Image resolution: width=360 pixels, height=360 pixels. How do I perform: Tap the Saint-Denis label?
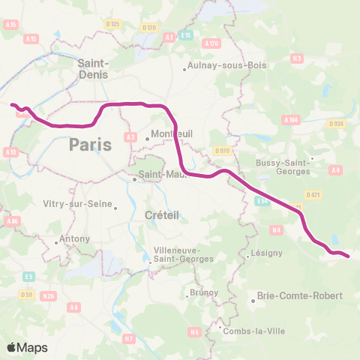pyautogui.click(x=94, y=69)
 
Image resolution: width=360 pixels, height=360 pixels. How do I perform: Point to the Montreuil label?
pyautogui.click(x=172, y=133)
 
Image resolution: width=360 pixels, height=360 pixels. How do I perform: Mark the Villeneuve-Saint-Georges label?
pyautogui.click(x=183, y=255)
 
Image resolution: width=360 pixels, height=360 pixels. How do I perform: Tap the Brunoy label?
pyautogui.click(x=203, y=292)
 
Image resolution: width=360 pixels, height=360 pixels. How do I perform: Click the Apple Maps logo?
pyautogui.click(x=27, y=346)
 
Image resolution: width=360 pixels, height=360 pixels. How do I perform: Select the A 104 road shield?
pyautogui.click(x=291, y=119)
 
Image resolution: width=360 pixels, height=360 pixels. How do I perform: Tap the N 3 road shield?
pyautogui.click(x=297, y=58)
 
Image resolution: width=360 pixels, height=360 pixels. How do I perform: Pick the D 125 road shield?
pyautogui.click(x=113, y=24)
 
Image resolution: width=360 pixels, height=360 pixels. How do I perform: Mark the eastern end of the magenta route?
pyautogui.click(x=349, y=257)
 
